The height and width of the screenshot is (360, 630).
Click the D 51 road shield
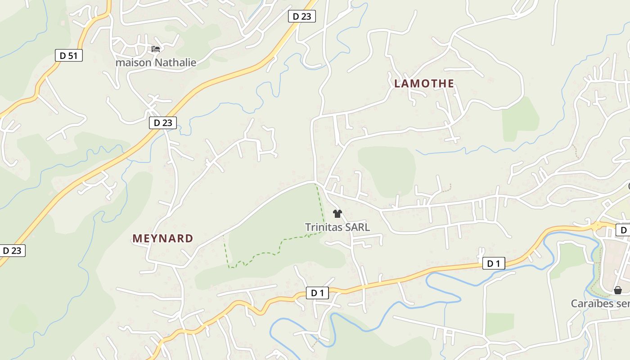(x=69, y=55)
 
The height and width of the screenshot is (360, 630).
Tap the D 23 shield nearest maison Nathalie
(x=163, y=122)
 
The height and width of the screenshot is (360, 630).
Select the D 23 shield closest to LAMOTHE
(x=301, y=16)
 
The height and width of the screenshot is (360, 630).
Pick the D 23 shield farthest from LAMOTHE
(x=12, y=251)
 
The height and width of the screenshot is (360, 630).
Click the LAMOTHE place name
(x=424, y=84)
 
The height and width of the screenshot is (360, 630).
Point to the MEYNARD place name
(x=163, y=238)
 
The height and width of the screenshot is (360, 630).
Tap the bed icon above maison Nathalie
(x=156, y=49)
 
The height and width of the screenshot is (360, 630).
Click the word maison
(x=133, y=63)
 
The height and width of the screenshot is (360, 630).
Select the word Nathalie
(x=175, y=63)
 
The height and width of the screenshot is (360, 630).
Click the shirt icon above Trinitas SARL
(x=337, y=214)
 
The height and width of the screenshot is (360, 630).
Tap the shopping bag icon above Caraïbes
(x=618, y=290)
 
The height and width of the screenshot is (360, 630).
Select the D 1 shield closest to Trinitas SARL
(x=317, y=293)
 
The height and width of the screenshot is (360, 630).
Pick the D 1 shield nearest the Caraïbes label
(x=493, y=264)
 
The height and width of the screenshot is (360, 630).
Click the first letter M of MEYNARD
(x=136, y=238)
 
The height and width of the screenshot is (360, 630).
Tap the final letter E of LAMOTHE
(x=450, y=84)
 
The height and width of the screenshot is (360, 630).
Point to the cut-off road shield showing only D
(x=623, y=230)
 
